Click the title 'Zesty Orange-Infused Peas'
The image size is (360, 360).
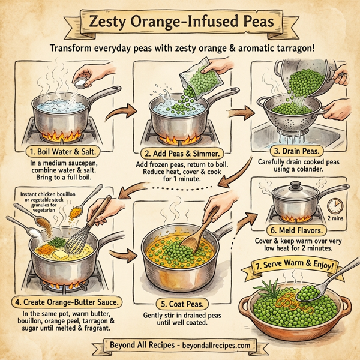[180, 23]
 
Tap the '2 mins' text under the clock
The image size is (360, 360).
[335, 220]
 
